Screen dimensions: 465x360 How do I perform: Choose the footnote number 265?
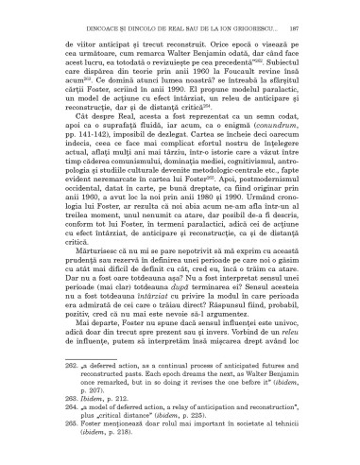[50, 439]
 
